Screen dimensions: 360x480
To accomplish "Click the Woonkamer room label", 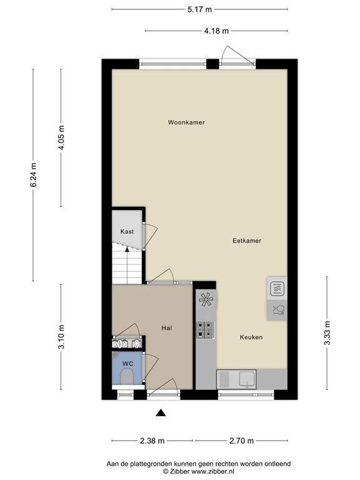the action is [186, 122].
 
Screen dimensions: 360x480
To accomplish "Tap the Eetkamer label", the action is [247, 241].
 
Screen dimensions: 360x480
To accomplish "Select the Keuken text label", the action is [251, 337].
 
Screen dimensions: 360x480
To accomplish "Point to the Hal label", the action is [166, 328].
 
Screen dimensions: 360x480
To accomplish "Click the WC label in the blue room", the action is [127, 364].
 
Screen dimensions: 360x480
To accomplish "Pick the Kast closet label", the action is [127, 231].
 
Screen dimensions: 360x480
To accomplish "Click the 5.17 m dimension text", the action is [199, 9].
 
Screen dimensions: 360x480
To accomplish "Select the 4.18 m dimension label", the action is [216, 31].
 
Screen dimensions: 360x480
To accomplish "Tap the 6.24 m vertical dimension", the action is [33, 175].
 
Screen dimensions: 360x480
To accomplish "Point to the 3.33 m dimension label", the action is [327, 333].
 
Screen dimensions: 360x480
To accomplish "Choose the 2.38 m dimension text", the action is [152, 441].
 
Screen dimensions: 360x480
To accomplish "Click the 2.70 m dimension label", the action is [241, 441].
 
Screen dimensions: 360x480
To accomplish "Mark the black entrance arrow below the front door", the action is [161, 413].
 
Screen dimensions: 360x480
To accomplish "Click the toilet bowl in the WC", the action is [126, 377].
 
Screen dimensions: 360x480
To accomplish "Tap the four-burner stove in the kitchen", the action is [205, 329].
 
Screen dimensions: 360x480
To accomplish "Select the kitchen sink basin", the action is [247, 379].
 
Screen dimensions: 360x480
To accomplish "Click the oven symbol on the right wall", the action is [277, 289].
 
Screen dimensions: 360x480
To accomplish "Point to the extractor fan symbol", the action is [206, 299].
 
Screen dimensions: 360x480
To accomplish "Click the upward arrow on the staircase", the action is [127, 266].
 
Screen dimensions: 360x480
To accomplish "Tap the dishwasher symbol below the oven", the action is [279, 311].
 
